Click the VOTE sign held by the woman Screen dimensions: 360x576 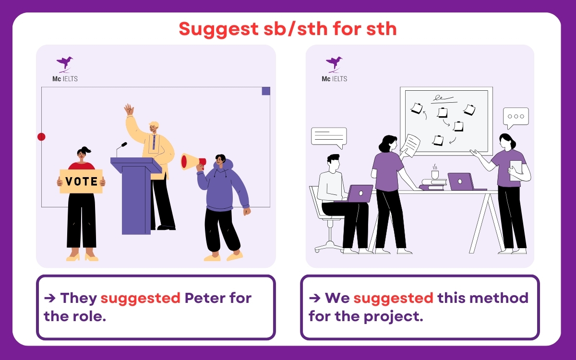[x=81, y=181]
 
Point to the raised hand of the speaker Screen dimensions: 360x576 [x=129, y=109]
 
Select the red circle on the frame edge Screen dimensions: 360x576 [x=41, y=137]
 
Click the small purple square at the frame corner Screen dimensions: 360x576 [x=266, y=91]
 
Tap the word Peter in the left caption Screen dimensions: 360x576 [x=204, y=298]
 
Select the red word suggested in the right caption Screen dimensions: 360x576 [x=393, y=298]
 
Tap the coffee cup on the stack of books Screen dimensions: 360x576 [x=435, y=173]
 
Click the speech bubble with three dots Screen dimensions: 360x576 [x=516, y=117]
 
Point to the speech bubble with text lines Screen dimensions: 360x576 [x=329, y=136]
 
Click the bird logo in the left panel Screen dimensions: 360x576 [x=65, y=63]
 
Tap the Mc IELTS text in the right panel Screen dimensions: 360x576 [x=334, y=79]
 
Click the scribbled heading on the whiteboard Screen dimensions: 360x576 [x=443, y=99]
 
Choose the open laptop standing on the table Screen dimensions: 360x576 [x=460, y=181]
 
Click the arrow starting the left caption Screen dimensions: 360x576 [x=50, y=298]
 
